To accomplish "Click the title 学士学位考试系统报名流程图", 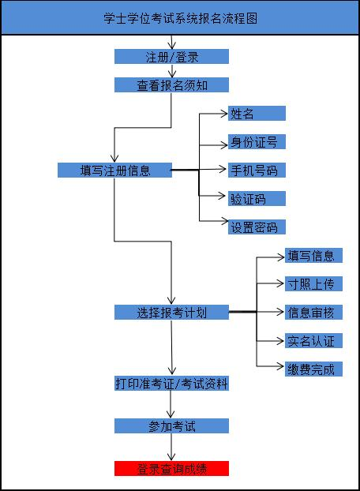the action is (180, 18).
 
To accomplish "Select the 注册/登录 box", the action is (171, 57).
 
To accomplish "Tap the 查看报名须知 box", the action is (171, 85).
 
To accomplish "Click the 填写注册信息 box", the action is (114, 170).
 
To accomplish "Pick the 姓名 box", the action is (257, 113).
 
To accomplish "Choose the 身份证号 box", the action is (257, 141).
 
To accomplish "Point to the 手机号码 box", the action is (257, 170).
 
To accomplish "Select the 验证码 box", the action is (257, 198).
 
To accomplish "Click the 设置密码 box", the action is (257, 227).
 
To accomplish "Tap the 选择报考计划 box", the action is (171, 312).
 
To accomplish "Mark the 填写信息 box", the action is (313, 255).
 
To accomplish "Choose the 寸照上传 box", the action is (313, 283).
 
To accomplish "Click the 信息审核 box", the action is (313, 312).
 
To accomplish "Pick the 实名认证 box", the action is (313, 341).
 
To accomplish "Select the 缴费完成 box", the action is (313, 369).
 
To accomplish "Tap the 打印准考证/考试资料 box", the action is (171, 384).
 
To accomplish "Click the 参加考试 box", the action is (171, 425).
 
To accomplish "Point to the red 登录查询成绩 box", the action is (171, 468).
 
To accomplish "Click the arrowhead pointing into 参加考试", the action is (171, 414).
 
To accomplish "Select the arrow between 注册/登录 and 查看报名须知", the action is (171, 71).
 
